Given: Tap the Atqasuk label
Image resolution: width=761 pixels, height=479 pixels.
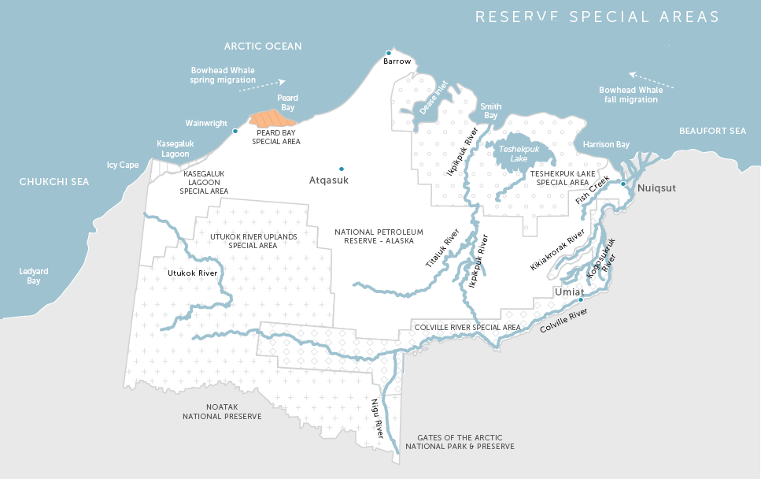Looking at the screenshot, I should [x=328, y=180].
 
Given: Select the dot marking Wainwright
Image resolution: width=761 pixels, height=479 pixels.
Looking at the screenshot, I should [x=235, y=131].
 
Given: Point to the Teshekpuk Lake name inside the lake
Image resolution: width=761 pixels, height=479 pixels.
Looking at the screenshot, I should [x=519, y=153].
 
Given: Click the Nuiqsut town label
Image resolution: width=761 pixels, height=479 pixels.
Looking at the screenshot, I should [x=656, y=188].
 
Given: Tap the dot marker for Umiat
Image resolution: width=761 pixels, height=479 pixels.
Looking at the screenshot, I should [x=581, y=299].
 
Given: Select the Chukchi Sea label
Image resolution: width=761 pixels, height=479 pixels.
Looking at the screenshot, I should [x=54, y=182].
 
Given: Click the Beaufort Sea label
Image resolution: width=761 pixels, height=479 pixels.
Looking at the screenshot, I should [x=712, y=131].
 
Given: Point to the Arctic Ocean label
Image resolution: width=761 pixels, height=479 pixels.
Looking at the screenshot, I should [x=263, y=46].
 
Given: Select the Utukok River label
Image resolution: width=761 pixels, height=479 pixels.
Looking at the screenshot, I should [x=192, y=273].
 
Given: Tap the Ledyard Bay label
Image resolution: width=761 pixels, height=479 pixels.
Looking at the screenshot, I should [x=34, y=276].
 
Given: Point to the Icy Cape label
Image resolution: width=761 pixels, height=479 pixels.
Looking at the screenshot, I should [x=123, y=165].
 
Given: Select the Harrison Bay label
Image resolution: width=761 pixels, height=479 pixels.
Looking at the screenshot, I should [x=606, y=144].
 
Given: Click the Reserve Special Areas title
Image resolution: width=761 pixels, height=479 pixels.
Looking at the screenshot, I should [x=597, y=17].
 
